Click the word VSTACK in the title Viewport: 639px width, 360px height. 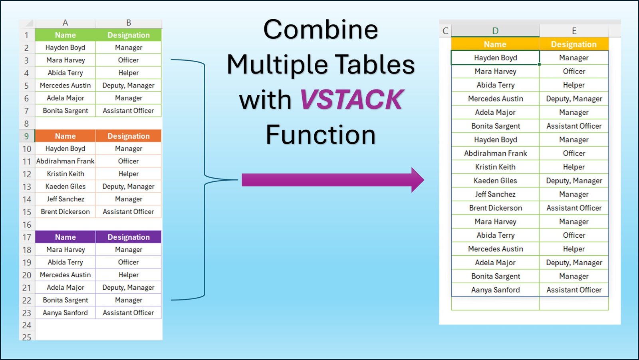click(351, 99)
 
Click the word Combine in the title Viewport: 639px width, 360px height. click(321, 30)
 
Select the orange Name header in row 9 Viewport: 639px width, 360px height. click(65, 136)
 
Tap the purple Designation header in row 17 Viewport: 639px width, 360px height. click(128, 237)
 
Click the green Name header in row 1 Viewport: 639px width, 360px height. click(65, 35)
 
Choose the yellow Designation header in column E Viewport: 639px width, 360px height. click(574, 44)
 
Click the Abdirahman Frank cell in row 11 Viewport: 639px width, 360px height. click(65, 161)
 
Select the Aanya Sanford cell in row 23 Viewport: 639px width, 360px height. click(65, 312)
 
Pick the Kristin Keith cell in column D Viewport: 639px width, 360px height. click(495, 167)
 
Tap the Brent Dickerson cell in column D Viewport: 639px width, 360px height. click(495, 208)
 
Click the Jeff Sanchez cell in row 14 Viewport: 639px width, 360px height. click(65, 199)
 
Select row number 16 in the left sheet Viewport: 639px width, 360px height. click(27, 225)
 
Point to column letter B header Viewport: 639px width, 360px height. click(129, 23)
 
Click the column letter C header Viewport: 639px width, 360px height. click(445, 31)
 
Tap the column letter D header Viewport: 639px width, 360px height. click(495, 31)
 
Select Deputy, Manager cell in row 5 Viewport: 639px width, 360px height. click(128, 86)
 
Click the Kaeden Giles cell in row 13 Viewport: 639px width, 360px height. click(65, 187)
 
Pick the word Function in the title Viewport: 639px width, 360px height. click(321, 135)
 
